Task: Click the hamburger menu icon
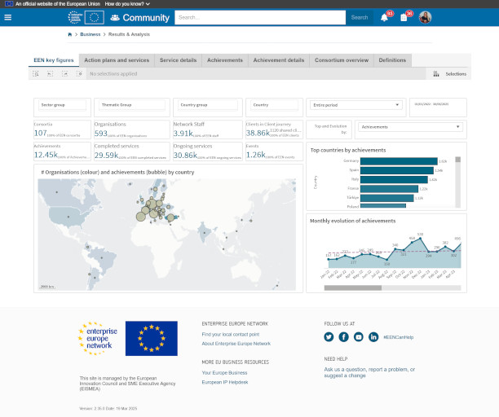pos(7,17)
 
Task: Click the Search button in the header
pos(359,17)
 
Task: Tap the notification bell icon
pos(385,17)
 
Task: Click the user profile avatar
pos(425,17)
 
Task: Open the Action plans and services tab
pos(117,60)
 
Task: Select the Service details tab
pos(178,60)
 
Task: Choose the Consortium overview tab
pos(342,60)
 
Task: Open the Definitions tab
pos(392,60)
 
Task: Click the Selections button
pos(450,73)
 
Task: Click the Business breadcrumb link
pos(91,35)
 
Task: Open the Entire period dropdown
pos(356,104)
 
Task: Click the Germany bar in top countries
pos(399,161)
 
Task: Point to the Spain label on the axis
pos(354,170)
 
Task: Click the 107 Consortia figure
pos(40,133)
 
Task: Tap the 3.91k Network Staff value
pos(183,133)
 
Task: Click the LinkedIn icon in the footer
pos(373,336)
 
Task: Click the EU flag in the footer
pos(151,339)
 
